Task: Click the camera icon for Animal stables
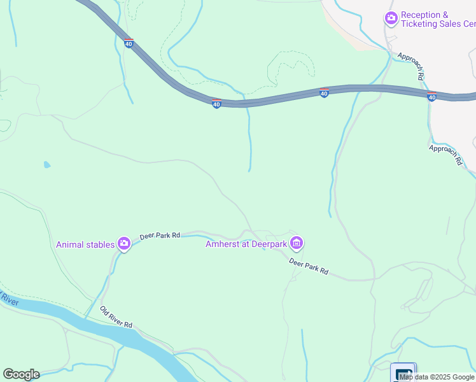point(123,244)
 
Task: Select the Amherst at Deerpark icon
point(296,243)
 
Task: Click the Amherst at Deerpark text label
point(246,244)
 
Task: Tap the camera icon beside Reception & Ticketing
point(391,19)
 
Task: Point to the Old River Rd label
point(116,316)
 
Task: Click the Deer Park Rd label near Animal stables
point(160,235)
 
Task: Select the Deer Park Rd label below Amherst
point(309,266)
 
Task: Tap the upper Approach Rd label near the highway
point(411,66)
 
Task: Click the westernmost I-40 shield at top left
point(129,43)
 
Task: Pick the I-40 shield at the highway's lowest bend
point(216,103)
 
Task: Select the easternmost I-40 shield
point(431,97)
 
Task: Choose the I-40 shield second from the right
point(324,93)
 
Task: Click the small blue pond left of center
point(47,165)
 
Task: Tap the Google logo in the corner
point(21,374)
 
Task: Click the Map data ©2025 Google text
point(437,377)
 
